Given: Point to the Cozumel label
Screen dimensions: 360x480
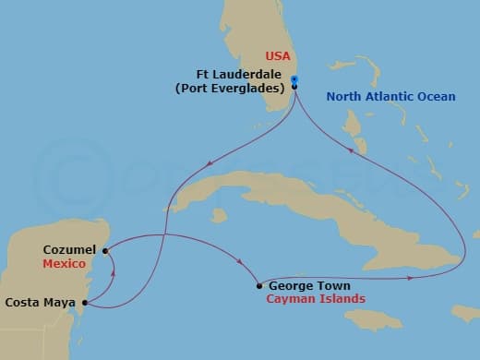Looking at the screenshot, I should click(69, 250).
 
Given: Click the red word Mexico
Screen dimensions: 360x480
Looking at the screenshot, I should click(65, 263).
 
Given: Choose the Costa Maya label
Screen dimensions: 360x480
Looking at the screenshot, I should click(41, 302).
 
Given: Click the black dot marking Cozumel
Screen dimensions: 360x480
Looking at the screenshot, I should click(105, 250).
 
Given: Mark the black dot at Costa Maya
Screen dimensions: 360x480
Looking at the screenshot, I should click(85, 302).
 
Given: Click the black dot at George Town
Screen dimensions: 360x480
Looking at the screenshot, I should click(258, 286).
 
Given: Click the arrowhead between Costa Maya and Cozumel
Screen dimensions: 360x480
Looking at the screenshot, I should click(114, 270).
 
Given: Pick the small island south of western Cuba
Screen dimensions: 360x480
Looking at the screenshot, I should click(218, 215).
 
